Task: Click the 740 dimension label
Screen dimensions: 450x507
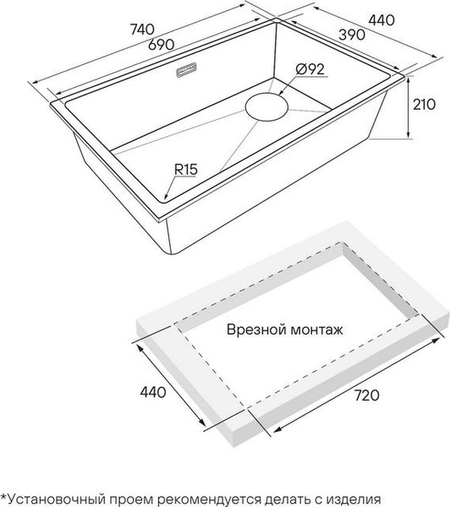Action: click(x=142, y=30)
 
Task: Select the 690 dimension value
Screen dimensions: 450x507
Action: click(x=162, y=44)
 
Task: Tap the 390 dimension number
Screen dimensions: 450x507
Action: click(x=352, y=35)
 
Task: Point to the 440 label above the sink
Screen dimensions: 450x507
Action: click(x=381, y=20)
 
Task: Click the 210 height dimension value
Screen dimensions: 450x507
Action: click(x=424, y=105)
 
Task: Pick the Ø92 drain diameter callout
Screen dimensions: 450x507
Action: click(x=310, y=69)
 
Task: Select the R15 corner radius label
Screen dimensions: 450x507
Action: click(x=186, y=169)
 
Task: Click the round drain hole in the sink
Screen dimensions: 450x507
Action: click(x=266, y=107)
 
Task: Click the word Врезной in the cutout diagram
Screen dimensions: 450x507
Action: click(x=255, y=330)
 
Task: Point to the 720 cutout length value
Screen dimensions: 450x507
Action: click(x=366, y=395)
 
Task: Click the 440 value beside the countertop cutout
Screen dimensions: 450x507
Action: click(x=153, y=392)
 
